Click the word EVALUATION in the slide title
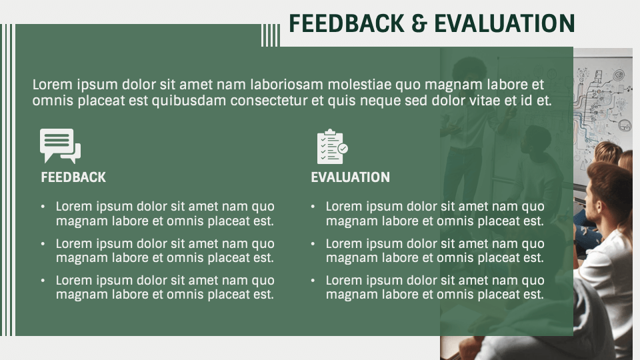[504, 23]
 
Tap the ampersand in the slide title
[419, 23]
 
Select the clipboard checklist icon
[332, 147]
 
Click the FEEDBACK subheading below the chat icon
[73, 177]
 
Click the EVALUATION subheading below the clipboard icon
[350, 177]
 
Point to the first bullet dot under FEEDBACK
[43, 207]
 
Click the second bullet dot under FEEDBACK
[43, 245]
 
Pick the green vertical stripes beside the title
[270, 35]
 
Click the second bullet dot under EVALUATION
[313, 245]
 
